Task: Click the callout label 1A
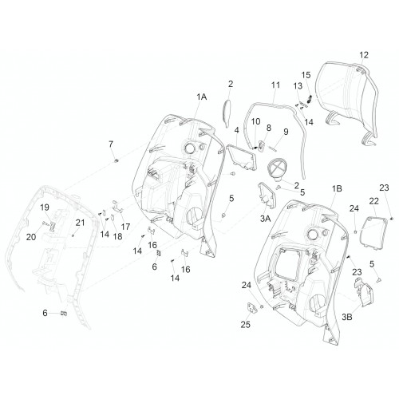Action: [202, 97]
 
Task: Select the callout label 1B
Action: [337, 188]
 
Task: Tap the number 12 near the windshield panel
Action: [364, 55]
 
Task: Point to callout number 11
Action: [276, 85]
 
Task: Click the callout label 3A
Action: [265, 219]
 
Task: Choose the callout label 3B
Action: [347, 317]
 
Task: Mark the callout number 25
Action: [245, 325]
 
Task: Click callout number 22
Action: [373, 201]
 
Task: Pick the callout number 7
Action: [111, 144]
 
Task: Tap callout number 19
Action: [45, 207]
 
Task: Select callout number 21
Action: [80, 223]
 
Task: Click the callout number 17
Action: [125, 227]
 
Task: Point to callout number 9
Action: [286, 132]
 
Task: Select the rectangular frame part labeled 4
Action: [242, 157]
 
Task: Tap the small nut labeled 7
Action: [116, 160]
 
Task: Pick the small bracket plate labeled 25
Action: [252, 308]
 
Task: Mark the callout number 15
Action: [306, 75]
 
